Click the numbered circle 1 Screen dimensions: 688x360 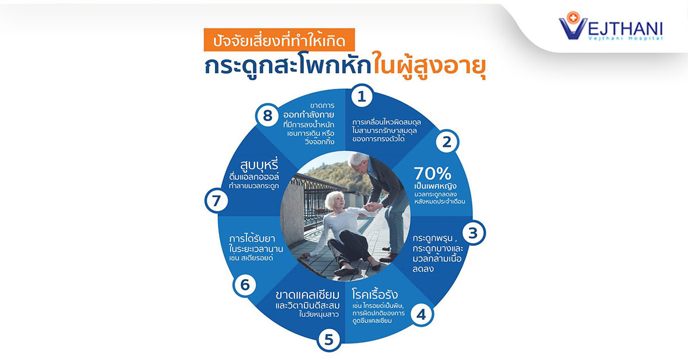click(x=362, y=96)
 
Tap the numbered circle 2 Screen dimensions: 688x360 click(x=447, y=142)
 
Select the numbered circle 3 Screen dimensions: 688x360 click(x=474, y=233)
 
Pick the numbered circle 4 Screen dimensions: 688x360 click(x=421, y=314)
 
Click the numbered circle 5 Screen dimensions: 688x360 click(x=329, y=339)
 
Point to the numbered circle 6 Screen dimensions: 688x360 click(x=245, y=284)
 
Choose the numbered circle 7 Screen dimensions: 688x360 click(x=217, y=201)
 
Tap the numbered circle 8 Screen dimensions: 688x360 click(x=268, y=115)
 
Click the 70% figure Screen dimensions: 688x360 click(x=432, y=174)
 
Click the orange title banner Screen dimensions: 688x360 click(x=279, y=40)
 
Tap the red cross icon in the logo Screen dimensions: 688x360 click(x=573, y=18)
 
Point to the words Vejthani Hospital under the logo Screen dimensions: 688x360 click(x=626, y=38)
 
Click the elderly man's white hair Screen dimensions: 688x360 click(x=358, y=159)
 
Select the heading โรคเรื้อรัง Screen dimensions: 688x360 click(x=375, y=294)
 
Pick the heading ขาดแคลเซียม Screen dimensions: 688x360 click(x=307, y=295)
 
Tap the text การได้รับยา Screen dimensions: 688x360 click(x=252, y=238)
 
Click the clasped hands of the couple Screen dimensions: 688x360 click(x=372, y=206)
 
